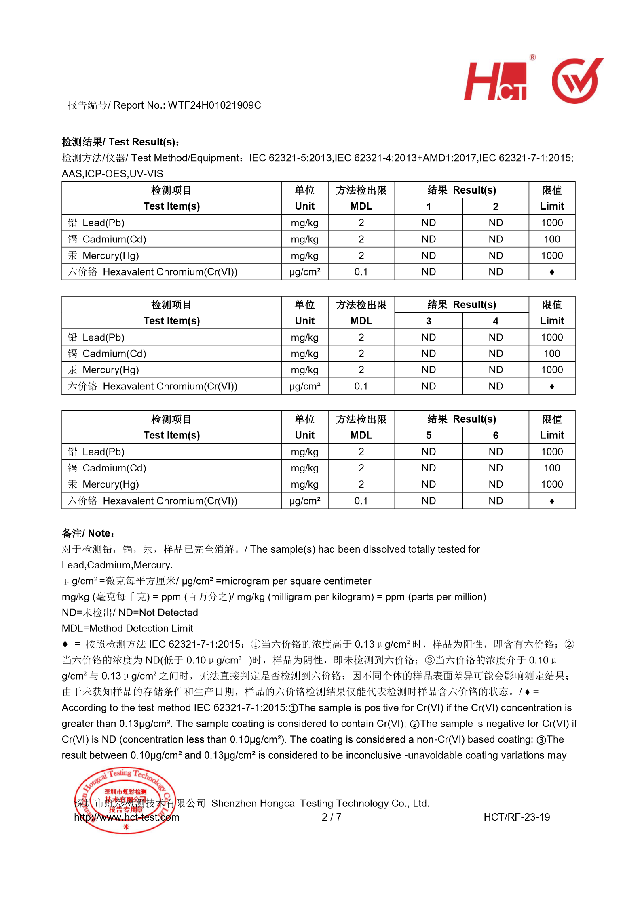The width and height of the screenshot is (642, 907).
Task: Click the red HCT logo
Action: coord(496,81)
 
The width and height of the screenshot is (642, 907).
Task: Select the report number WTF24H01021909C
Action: coord(215,105)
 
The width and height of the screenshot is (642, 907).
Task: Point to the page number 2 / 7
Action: coord(331,817)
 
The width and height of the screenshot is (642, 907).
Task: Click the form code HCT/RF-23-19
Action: coord(516,817)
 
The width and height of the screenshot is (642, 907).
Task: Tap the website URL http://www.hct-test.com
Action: coord(127,817)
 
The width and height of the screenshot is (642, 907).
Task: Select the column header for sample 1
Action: coord(428,206)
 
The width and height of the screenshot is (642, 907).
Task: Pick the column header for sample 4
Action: coord(495,321)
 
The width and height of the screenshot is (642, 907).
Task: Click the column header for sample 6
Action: coord(495,435)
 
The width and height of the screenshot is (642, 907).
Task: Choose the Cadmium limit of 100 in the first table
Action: coord(551,239)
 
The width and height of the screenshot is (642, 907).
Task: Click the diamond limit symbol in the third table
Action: coord(551,501)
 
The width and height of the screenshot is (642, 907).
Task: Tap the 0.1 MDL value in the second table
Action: coord(361,386)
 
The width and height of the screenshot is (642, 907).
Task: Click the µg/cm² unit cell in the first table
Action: coord(304,272)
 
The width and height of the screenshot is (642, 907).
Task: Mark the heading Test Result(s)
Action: coord(120,142)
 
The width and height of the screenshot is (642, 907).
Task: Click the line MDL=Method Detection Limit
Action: coord(127,628)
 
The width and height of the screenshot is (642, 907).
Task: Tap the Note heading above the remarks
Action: coord(88,533)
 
